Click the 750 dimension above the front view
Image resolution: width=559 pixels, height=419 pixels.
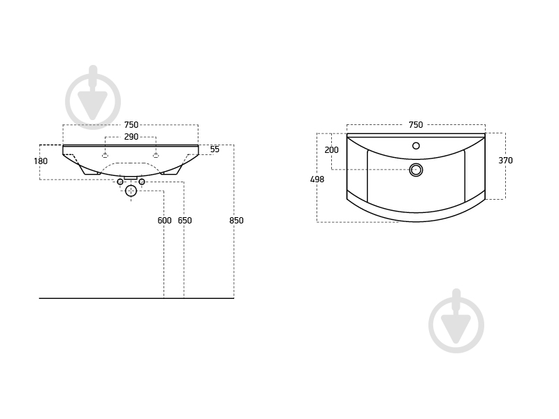(131, 125)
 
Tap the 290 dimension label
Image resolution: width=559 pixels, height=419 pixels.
(131, 137)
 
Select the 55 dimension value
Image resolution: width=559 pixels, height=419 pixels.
(215, 149)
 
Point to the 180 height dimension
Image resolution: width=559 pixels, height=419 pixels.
(41, 161)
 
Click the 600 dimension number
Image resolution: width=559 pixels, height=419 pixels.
(164, 221)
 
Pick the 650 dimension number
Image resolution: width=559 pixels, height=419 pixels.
(184, 221)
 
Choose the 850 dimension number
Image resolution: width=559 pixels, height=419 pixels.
(236, 221)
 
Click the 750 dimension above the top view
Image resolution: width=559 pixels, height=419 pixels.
(416, 125)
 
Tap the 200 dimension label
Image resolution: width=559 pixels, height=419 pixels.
(331, 150)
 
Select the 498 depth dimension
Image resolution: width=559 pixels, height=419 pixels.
(317, 179)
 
